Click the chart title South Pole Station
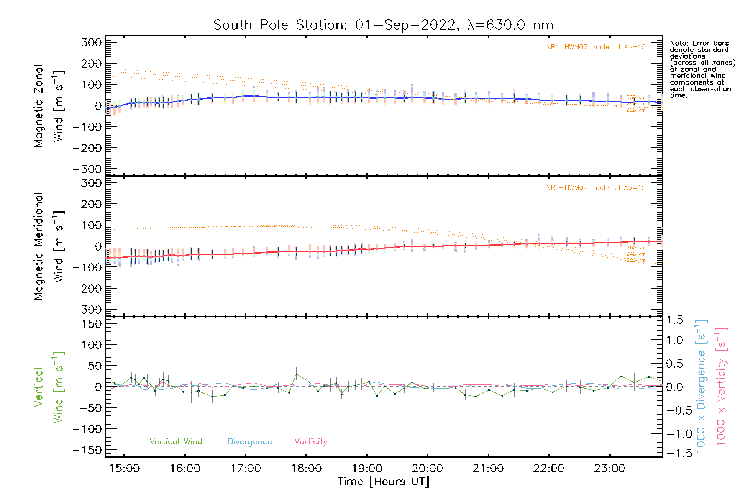[383, 25]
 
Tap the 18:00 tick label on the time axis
[306, 469]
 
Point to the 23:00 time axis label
[610, 469]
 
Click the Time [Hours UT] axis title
[383, 482]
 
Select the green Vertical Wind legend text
[176, 442]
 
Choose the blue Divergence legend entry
[250, 442]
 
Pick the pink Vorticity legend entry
[310, 442]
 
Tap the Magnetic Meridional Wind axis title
[49, 246]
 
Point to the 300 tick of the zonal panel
[91, 43]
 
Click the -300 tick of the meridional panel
[87, 310]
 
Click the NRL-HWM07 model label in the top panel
[596, 47]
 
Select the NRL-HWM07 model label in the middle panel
[596, 188]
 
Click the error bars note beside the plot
[702, 69]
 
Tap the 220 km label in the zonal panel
[636, 110]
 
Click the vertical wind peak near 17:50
[296, 374]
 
